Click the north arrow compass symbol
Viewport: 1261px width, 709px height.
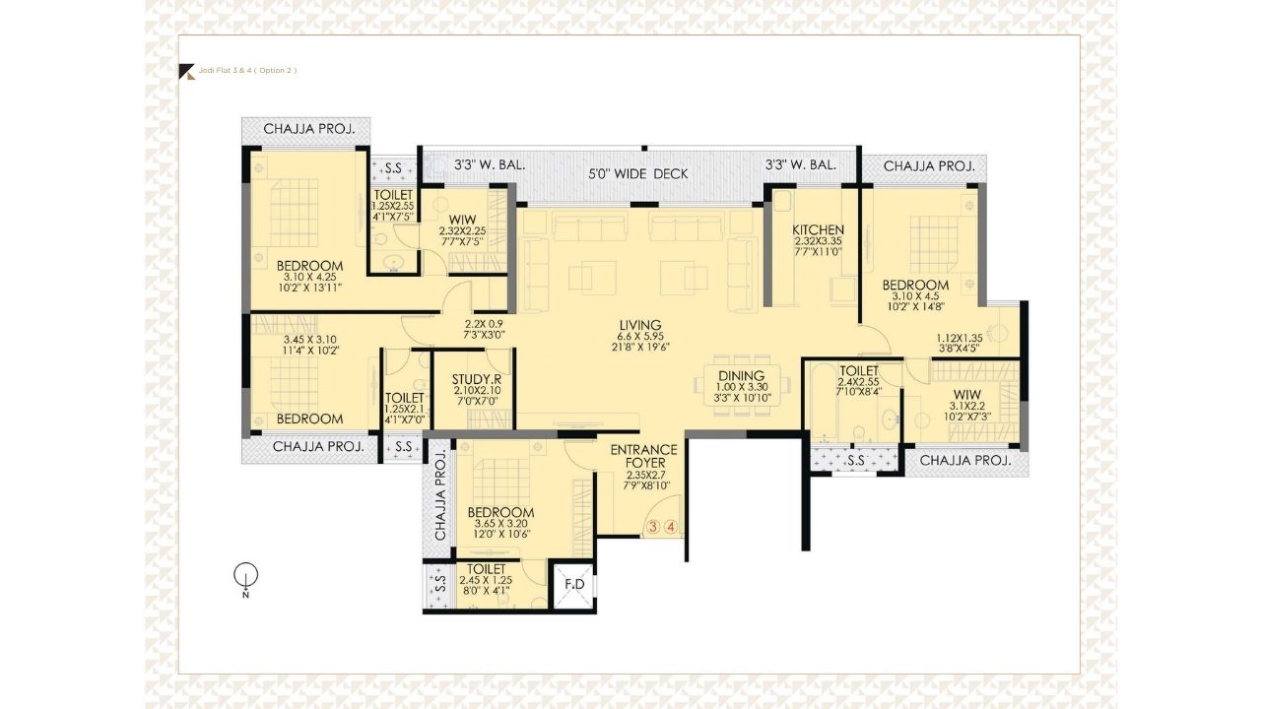[246, 575]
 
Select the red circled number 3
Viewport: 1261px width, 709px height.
[652, 527]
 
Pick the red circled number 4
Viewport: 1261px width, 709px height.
[671, 527]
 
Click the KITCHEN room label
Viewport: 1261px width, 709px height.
[819, 230]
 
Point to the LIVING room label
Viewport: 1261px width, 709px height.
[640, 325]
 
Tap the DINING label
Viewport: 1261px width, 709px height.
[742, 375]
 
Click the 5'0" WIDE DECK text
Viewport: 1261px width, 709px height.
[638, 174]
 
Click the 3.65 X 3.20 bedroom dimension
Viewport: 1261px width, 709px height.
[500, 524]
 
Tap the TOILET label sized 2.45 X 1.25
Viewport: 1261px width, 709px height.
[487, 569]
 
